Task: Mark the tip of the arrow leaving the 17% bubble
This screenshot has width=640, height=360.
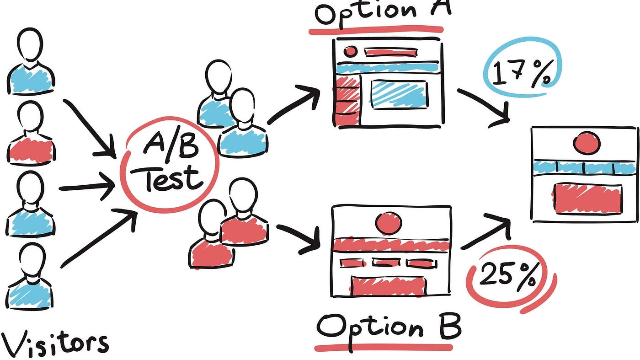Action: (x=509, y=121)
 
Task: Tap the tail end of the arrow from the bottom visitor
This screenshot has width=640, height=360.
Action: (x=62, y=267)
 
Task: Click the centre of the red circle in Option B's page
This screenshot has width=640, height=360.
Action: (x=388, y=223)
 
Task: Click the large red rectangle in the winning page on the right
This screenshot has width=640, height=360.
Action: (x=588, y=199)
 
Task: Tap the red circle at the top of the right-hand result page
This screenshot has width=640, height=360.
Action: (x=587, y=143)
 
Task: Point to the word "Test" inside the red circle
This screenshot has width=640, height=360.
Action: (x=170, y=179)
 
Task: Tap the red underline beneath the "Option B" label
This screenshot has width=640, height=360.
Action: (x=383, y=348)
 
